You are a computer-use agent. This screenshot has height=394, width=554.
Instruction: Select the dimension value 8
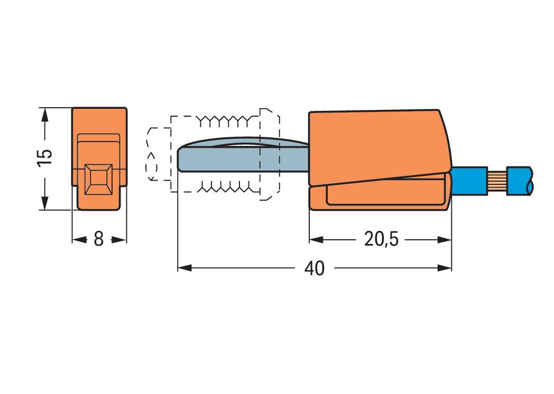coord(98,239)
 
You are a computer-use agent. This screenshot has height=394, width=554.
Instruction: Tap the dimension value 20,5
coord(381,239)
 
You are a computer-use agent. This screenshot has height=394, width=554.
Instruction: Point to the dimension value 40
coord(315,268)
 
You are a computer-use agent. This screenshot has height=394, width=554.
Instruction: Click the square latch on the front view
coord(99,180)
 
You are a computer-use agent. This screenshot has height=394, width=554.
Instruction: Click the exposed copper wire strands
coord(496,181)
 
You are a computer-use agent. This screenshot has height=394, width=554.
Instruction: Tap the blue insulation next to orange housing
coord(469,181)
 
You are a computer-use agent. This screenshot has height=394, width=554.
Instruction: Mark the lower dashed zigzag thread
coord(227,186)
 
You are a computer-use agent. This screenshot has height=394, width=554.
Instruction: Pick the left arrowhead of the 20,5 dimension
coord(316,239)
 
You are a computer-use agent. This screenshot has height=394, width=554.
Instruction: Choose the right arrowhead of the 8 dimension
coord(121,239)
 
